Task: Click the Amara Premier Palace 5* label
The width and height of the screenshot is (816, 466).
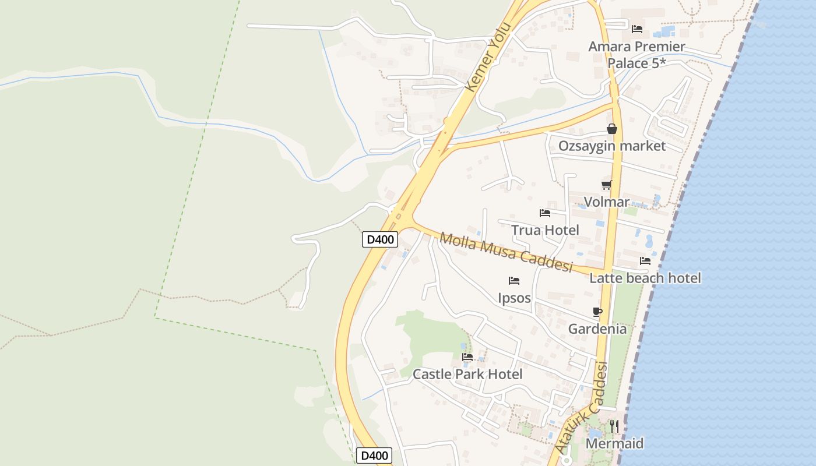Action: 636,55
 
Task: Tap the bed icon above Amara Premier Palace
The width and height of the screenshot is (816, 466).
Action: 637,28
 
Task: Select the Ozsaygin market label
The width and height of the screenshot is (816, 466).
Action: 612,146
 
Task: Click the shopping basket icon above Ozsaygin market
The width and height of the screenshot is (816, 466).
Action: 612,129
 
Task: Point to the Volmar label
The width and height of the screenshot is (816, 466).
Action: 607,202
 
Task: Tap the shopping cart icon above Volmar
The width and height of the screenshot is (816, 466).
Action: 607,185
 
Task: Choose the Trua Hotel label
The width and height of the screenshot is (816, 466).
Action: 545,230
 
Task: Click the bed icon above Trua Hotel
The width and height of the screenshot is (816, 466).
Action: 545,213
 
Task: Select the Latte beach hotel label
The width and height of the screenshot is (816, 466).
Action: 645,278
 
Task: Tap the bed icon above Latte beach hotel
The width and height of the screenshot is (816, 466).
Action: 645,261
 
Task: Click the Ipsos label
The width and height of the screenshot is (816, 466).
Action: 514,298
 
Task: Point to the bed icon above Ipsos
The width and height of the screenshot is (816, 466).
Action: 514,281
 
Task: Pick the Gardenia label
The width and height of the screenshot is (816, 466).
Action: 597,329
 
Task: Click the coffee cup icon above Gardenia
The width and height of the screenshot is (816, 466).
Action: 597,312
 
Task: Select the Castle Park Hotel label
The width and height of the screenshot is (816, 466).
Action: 467,374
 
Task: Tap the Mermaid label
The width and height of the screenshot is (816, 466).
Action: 614,443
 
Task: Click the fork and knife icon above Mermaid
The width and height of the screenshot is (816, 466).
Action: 614,426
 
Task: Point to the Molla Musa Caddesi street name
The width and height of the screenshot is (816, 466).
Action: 506,252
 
